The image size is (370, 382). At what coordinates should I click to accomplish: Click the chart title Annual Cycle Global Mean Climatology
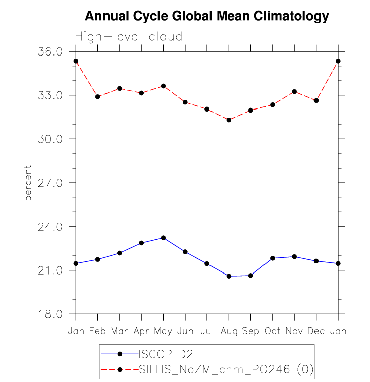tap(206, 16)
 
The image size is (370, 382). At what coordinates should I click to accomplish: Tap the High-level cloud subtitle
tap(128, 37)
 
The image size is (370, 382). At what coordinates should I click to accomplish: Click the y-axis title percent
tap(29, 183)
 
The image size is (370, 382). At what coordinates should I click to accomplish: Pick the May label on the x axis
tap(163, 331)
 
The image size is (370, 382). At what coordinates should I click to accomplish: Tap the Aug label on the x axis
tap(229, 331)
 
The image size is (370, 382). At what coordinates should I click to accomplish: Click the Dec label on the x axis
tap(316, 331)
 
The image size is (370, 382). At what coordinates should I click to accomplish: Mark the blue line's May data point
tap(163, 238)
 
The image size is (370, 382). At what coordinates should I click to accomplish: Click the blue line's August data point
tap(229, 276)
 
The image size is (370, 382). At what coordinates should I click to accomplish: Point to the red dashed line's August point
tap(229, 120)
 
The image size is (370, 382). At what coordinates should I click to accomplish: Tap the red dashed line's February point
tap(97, 96)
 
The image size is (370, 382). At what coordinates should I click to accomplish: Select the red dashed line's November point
tap(294, 91)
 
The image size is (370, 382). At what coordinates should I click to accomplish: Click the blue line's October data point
tap(273, 258)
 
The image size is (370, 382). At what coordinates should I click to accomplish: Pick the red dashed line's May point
tap(163, 86)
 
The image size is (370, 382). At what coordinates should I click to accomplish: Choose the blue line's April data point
tap(141, 243)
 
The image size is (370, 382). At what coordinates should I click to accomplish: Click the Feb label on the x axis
tap(97, 331)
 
